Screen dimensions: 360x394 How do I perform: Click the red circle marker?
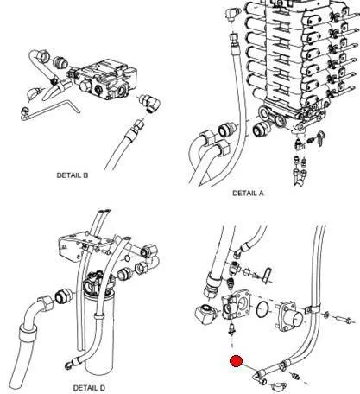pos(237,361)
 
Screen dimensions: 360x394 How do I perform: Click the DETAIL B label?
pos(73,175)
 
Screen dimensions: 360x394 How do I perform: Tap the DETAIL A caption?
pos(248,193)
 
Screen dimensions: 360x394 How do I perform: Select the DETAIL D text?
pos(89,388)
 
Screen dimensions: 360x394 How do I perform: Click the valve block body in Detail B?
pos(105,79)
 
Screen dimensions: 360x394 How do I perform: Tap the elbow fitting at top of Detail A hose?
pos(233,14)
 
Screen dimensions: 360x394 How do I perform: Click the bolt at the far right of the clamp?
pos(344,319)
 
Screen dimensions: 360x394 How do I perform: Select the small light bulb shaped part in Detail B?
pos(34,93)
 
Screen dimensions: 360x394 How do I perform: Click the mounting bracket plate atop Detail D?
pos(85,245)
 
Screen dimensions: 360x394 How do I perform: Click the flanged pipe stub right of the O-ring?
pos(288,316)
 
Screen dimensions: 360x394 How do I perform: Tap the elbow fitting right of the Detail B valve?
pos(150,103)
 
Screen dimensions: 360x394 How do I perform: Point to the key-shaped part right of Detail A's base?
pos(319,138)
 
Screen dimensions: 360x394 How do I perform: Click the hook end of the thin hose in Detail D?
pos(69,365)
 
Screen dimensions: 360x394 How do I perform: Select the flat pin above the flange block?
pos(268,275)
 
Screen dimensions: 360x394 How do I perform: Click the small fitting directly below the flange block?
pos(231,329)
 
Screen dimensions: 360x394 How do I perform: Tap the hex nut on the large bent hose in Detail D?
pos(46,303)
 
